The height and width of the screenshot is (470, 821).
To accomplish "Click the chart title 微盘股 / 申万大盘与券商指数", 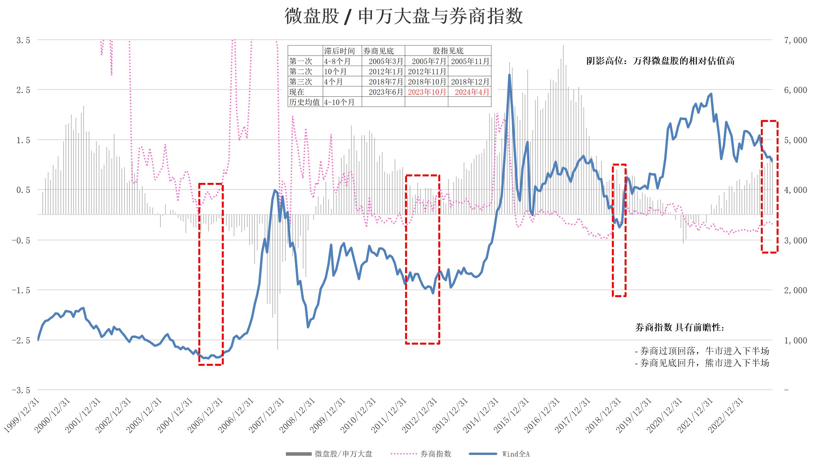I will click(404, 16).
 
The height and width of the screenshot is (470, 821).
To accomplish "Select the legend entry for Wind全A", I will click(515, 454).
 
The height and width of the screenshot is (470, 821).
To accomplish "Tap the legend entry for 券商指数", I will click(436, 454).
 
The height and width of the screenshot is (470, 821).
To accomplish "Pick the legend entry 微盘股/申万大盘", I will click(343, 454).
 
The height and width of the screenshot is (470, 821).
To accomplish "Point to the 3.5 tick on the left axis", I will click(23, 40).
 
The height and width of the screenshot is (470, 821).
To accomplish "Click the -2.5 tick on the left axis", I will click(21, 340).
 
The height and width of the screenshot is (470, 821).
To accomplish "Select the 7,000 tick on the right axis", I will click(795, 40).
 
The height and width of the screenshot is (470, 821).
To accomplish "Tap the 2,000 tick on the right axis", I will click(795, 290).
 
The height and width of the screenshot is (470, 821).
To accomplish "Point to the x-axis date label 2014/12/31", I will click(481, 415).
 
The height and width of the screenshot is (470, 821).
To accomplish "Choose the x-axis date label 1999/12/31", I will click(22, 415).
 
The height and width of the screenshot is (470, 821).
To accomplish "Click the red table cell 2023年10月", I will click(427, 92).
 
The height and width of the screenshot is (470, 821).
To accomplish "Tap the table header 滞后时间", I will click(339, 51).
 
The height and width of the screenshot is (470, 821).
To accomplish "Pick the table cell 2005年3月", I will click(385, 61).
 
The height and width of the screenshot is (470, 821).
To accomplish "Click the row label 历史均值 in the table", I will click(304, 102).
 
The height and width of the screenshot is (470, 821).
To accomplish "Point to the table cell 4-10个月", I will click(339, 102).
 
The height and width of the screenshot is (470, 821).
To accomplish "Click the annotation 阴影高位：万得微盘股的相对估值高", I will click(660, 61).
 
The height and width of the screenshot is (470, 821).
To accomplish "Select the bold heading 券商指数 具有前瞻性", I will click(679, 328).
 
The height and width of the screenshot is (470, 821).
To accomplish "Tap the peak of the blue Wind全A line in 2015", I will click(509, 75).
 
